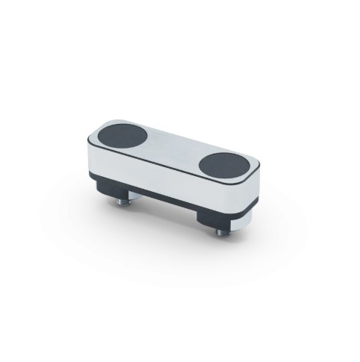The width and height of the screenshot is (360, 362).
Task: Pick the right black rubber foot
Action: (x=213, y=216)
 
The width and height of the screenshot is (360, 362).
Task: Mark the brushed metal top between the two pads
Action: (x=175, y=149)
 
